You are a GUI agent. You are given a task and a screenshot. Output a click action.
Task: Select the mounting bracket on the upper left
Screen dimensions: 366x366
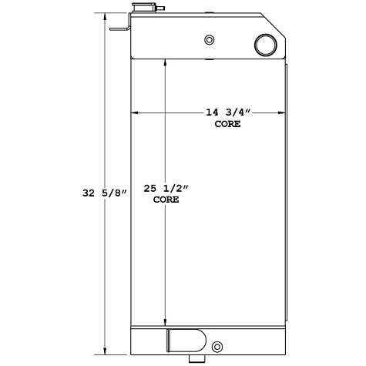pos(119,30)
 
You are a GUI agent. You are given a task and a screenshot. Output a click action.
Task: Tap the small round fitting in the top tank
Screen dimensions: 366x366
pos(208,41)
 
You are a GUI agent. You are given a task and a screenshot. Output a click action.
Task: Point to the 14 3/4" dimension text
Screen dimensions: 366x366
pos(227,112)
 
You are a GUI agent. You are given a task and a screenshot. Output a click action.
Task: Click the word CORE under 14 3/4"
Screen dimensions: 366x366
pos(227,123)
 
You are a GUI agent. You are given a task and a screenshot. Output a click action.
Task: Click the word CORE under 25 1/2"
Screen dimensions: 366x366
pos(166,200)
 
